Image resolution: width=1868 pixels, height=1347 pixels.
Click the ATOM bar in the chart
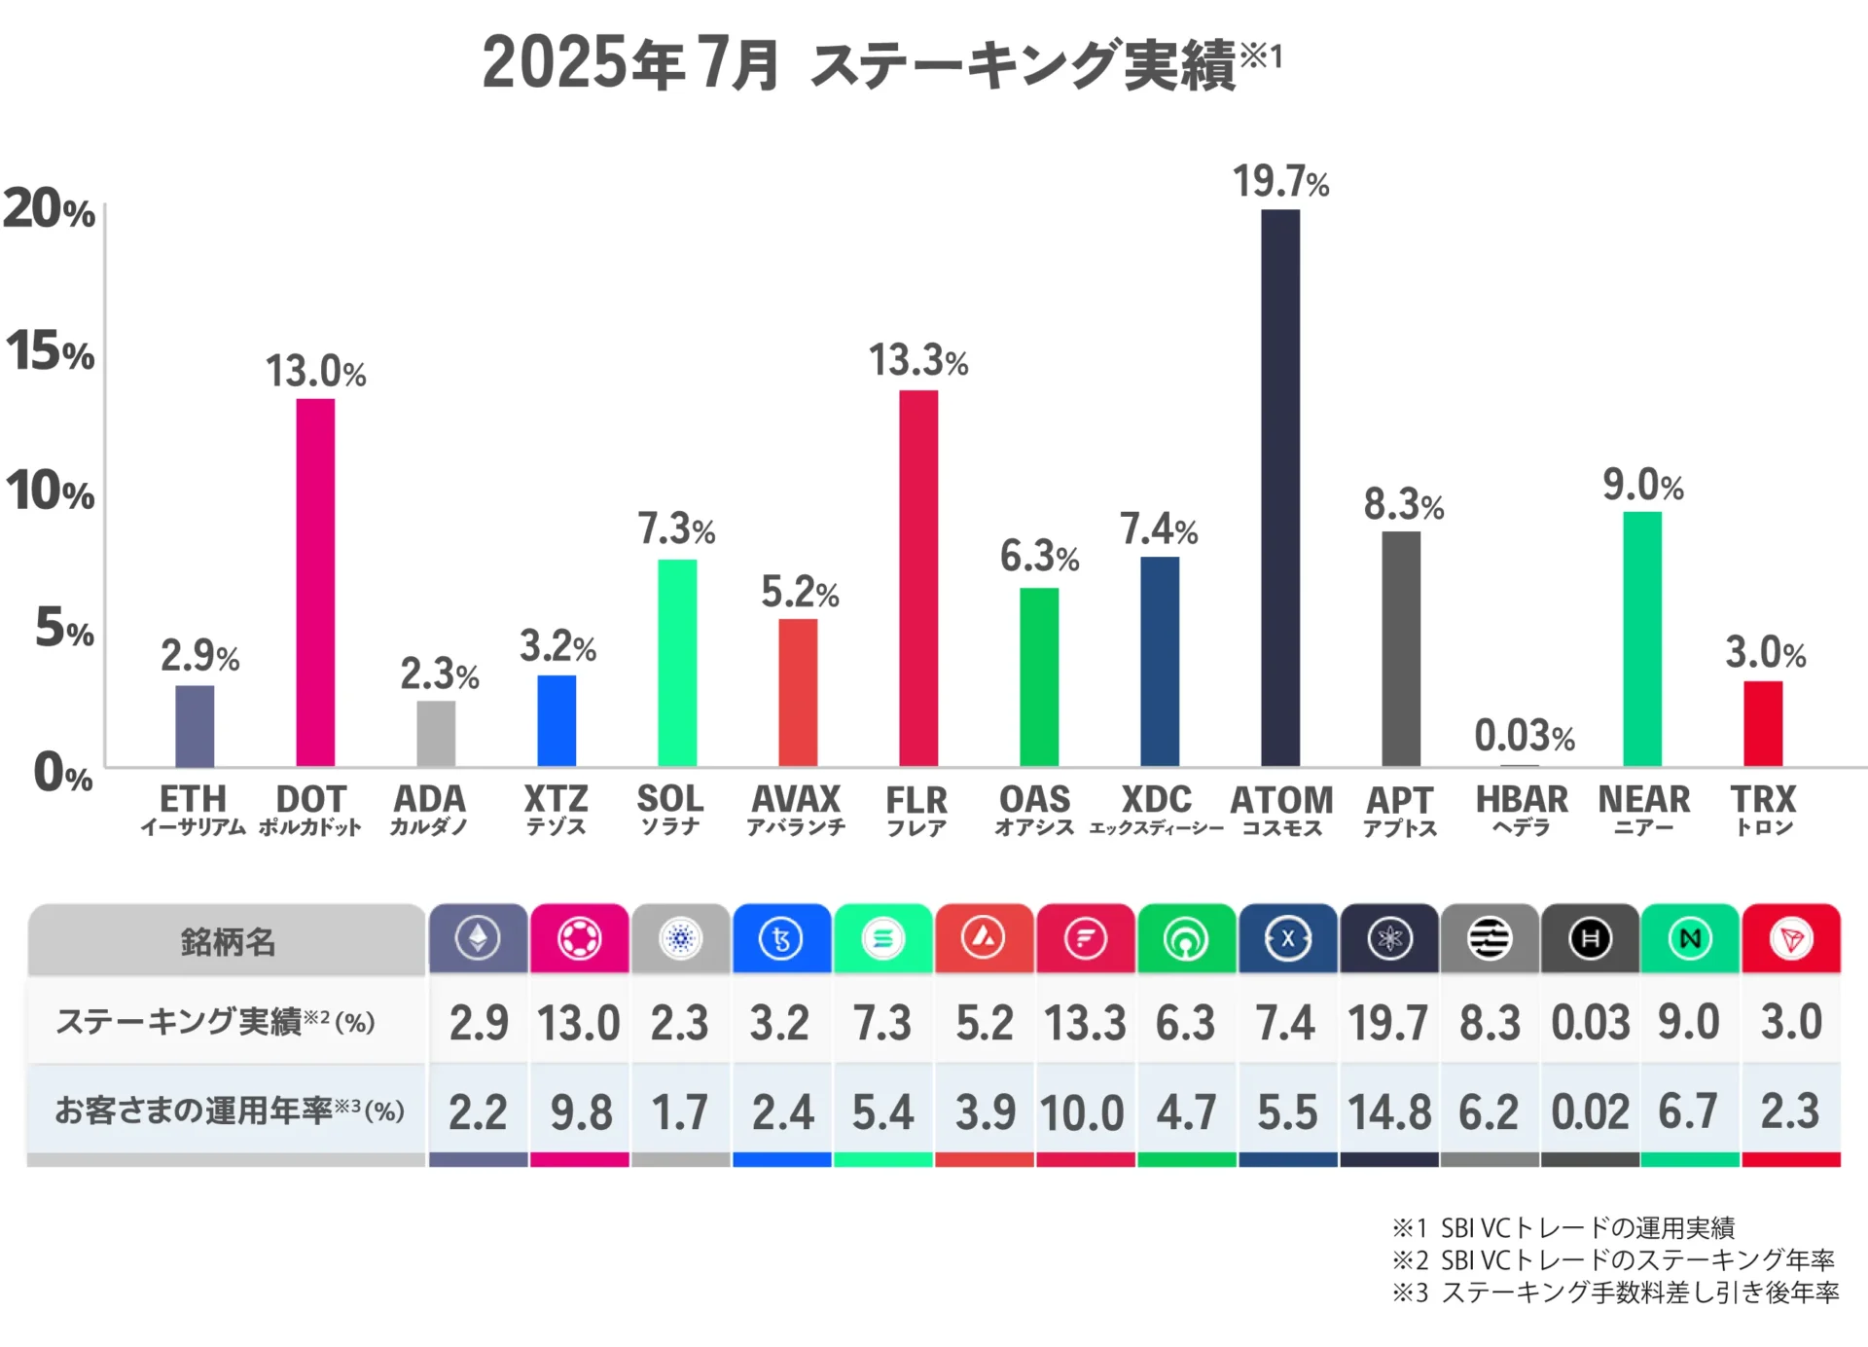coord(1280,487)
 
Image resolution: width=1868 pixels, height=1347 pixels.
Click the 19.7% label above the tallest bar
coord(1280,182)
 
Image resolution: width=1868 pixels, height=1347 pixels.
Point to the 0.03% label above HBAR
coord(1524,736)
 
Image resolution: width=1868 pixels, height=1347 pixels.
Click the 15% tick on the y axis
coord(51,351)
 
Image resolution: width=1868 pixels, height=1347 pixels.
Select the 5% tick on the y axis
coord(64,629)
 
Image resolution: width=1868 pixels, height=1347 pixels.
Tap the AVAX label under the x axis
coord(796,800)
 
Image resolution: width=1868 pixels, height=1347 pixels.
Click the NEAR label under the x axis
coord(1643,800)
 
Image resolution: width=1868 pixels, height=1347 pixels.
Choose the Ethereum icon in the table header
coord(478,939)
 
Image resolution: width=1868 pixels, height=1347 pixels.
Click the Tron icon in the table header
coord(1791,939)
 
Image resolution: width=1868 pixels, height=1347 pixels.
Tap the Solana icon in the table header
coord(883,939)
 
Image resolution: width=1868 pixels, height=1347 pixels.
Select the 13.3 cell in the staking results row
coord(1084,1023)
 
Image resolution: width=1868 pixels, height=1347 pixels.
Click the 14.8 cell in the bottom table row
coord(1389,1111)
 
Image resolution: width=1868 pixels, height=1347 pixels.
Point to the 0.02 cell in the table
coord(1590,1111)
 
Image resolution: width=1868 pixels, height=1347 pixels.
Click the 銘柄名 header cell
coord(228,941)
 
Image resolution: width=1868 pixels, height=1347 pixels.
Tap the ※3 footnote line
coord(1615,1292)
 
